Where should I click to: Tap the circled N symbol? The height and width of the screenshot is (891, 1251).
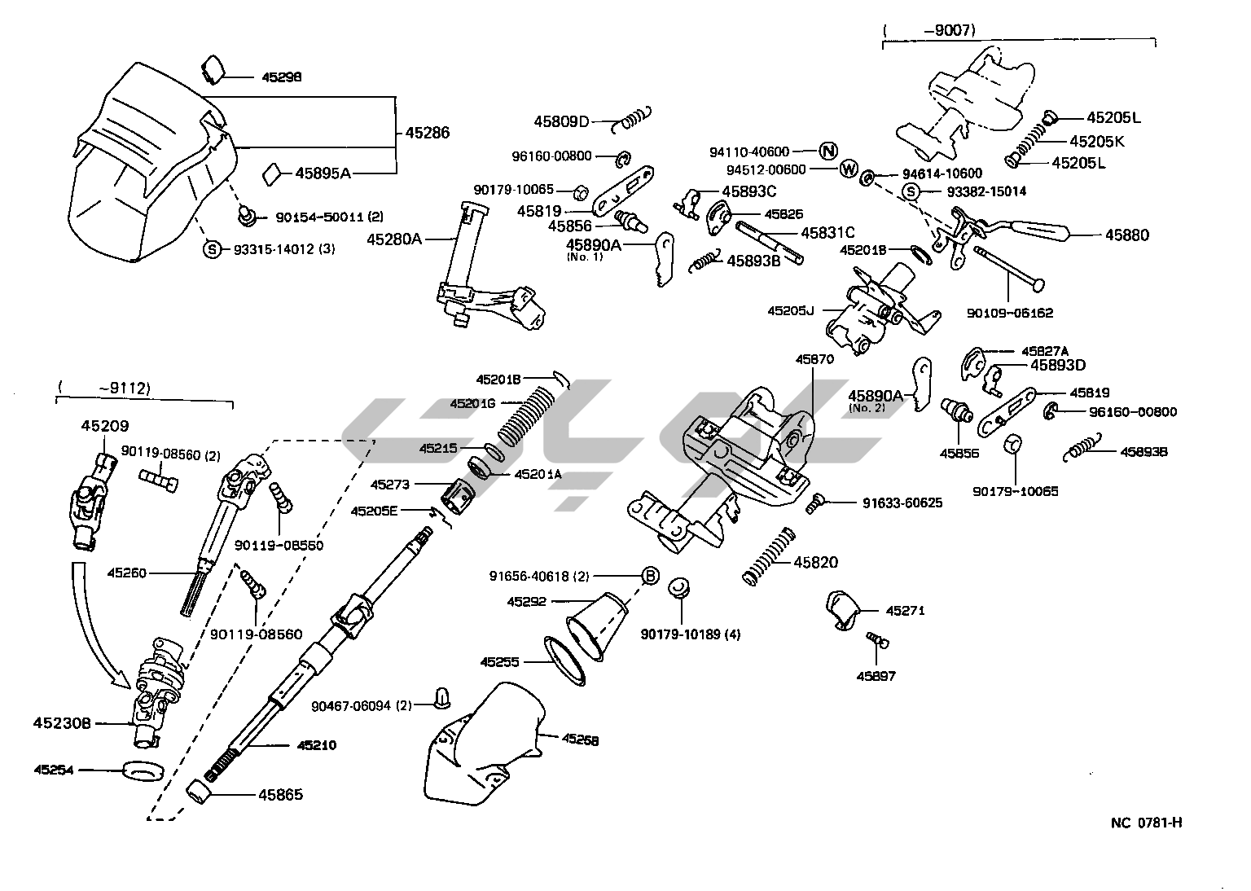(828, 151)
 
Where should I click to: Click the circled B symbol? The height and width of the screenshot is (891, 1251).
(650, 576)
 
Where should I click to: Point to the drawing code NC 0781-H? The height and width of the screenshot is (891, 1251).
(1146, 822)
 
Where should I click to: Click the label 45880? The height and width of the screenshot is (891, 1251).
(1126, 235)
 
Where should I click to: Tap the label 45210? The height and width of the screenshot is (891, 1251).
(317, 744)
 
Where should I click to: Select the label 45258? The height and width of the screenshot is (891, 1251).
(580, 740)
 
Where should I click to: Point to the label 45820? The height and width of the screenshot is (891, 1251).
(815, 562)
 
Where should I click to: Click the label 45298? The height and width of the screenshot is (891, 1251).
(281, 77)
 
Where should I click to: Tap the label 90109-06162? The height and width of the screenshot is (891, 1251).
(1009, 313)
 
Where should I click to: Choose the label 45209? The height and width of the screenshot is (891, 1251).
(104, 425)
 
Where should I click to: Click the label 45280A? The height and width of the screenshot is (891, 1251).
(394, 239)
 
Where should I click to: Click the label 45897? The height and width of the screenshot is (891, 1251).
(876, 675)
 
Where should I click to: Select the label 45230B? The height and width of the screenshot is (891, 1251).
(62, 722)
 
